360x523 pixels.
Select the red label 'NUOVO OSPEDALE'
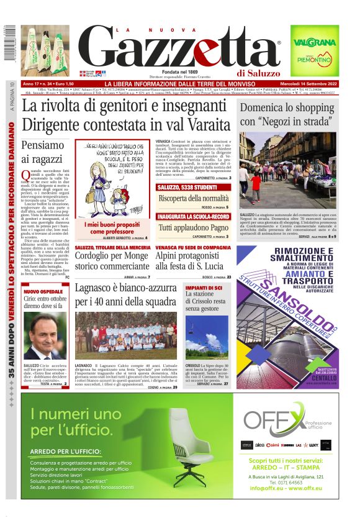(42, 291)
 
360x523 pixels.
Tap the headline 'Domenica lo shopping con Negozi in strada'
(288, 114)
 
